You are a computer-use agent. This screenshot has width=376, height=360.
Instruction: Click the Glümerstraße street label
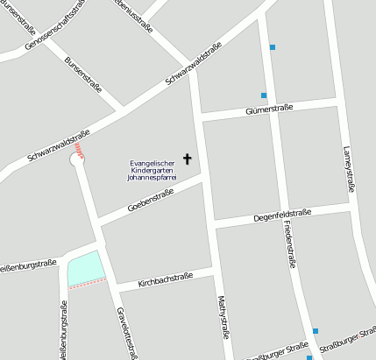coord(270,108)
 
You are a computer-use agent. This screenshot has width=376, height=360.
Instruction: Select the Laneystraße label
coord(349,167)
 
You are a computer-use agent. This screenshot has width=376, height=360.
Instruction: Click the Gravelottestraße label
coord(127,333)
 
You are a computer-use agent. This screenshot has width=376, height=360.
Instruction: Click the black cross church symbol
coord(186,159)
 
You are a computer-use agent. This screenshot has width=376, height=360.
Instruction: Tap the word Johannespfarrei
coord(153,177)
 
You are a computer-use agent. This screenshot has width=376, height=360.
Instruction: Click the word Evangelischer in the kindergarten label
coord(153,161)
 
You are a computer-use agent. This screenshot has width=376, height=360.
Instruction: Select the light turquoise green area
coord(85,268)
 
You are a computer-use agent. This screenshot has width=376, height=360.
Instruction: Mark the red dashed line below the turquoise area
coord(87,284)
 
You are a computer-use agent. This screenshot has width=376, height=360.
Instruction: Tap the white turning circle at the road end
coord(77,160)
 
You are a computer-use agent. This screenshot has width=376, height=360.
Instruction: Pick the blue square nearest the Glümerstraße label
coord(263,95)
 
